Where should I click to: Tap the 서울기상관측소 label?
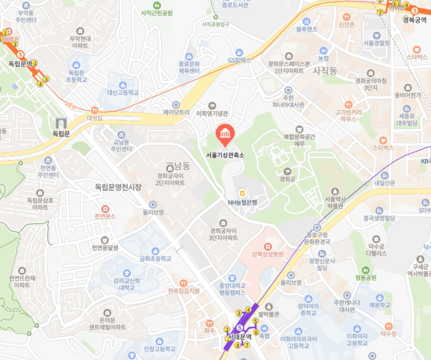[226, 155]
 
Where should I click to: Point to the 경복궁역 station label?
[414, 20]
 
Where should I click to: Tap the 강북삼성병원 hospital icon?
[267, 246]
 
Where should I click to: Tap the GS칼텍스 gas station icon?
[239, 52]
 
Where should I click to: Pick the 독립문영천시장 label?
[118, 187]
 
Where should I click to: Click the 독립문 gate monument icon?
[61, 124]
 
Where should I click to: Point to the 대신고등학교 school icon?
[123, 84]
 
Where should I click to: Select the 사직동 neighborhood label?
[325, 70]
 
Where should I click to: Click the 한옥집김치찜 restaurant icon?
[183, 283]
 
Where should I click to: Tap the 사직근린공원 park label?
[157, 13]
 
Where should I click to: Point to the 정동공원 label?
[366, 278]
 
